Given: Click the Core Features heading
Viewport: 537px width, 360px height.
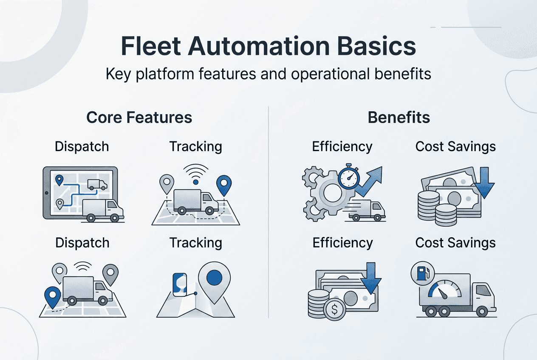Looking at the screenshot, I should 139,118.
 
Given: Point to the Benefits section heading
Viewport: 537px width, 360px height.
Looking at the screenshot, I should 399,118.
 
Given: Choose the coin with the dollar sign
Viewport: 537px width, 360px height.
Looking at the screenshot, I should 335,309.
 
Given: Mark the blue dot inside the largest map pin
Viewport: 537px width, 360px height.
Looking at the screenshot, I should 214,278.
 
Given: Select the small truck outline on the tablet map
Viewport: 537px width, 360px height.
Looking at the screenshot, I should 97,184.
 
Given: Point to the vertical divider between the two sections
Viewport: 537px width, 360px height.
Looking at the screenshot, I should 268,212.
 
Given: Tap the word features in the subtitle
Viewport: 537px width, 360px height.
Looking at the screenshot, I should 229,74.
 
